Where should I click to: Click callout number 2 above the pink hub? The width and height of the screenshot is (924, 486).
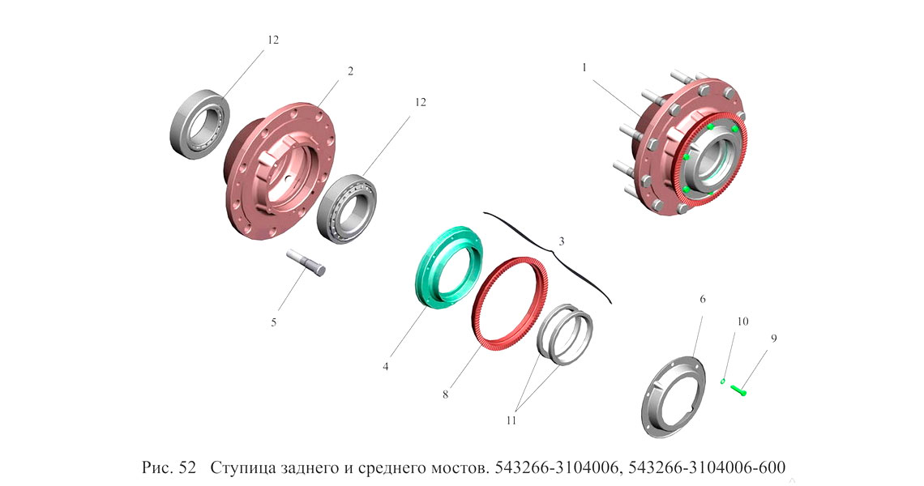click(x=351, y=71)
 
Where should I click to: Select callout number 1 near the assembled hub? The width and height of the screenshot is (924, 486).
click(x=584, y=68)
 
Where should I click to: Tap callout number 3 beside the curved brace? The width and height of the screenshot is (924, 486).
click(x=562, y=241)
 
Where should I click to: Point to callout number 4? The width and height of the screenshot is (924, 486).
click(x=385, y=366)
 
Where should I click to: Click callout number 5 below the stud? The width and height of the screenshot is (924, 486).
click(x=273, y=323)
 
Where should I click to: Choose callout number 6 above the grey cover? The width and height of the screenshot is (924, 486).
click(x=703, y=299)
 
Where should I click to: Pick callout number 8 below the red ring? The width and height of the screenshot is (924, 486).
click(x=446, y=394)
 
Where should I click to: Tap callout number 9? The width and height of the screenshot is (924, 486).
click(x=774, y=338)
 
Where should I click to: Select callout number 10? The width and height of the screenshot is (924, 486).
click(x=742, y=322)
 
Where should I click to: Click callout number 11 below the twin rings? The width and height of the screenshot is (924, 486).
click(x=511, y=420)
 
